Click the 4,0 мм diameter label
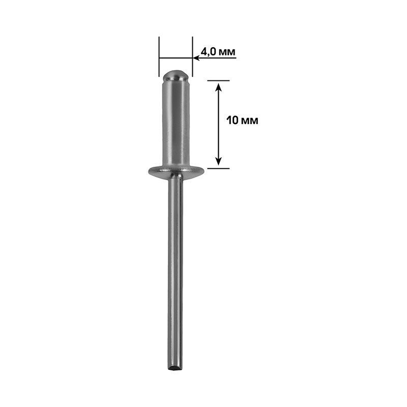pyautogui.click(x=218, y=52)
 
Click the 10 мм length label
pyautogui.click(x=242, y=121)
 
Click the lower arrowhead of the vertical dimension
pyautogui.click(x=219, y=161)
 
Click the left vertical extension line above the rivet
pyautogui.click(x=159, y=56)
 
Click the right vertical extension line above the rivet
pyautogui.click(x=192, y=56)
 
